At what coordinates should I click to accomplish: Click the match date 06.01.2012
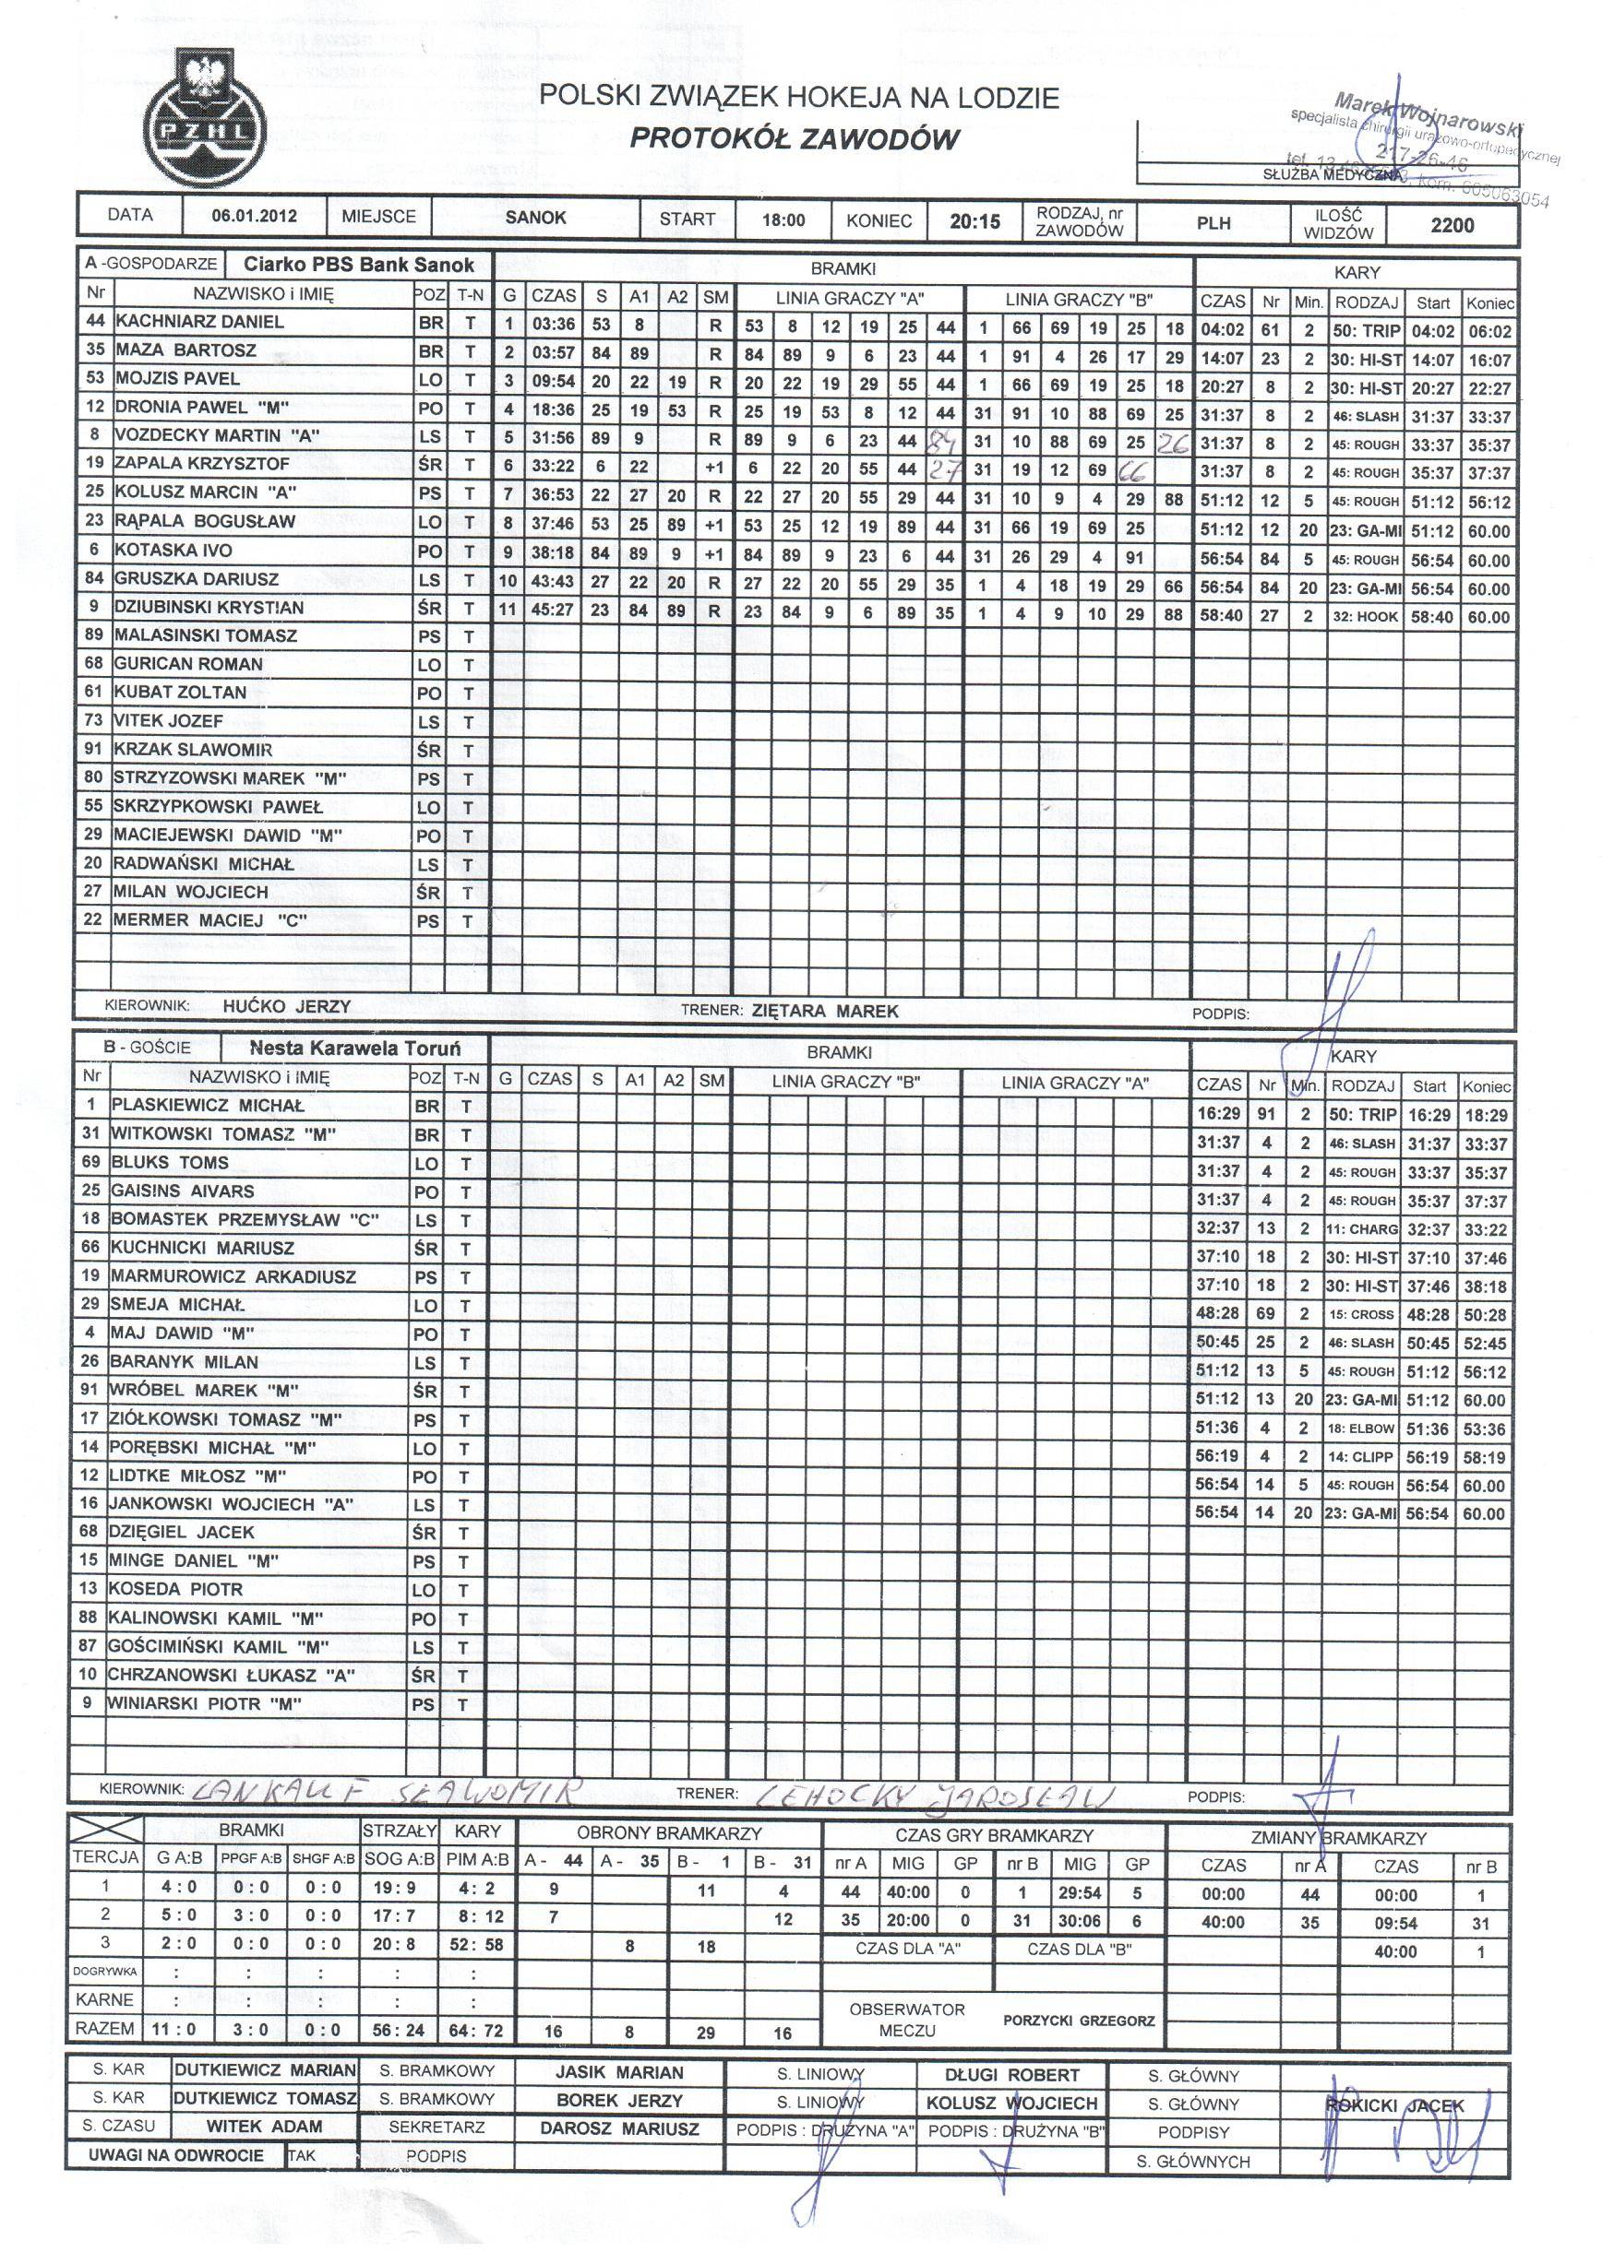click(x=254, y=217)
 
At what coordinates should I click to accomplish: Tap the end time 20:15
click(x=974, y=221)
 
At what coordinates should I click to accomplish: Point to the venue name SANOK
click(x=534, y=217)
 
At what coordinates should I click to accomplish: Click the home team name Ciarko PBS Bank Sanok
click(x=359, y=266)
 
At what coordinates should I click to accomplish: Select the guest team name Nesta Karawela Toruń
click(x=354, y=1048)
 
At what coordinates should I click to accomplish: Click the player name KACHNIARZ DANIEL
click(x=199, y=322)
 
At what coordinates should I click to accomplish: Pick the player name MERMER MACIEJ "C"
click(x=209, y=920)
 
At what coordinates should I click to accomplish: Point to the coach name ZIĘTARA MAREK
click(x=825, y=1011)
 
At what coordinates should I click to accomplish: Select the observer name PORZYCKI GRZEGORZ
click(x=1078, y=2021)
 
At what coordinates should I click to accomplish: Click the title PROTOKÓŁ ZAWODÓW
click(x=795, y=139)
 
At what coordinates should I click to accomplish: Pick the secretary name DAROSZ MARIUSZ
click(x=619, y=2128)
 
